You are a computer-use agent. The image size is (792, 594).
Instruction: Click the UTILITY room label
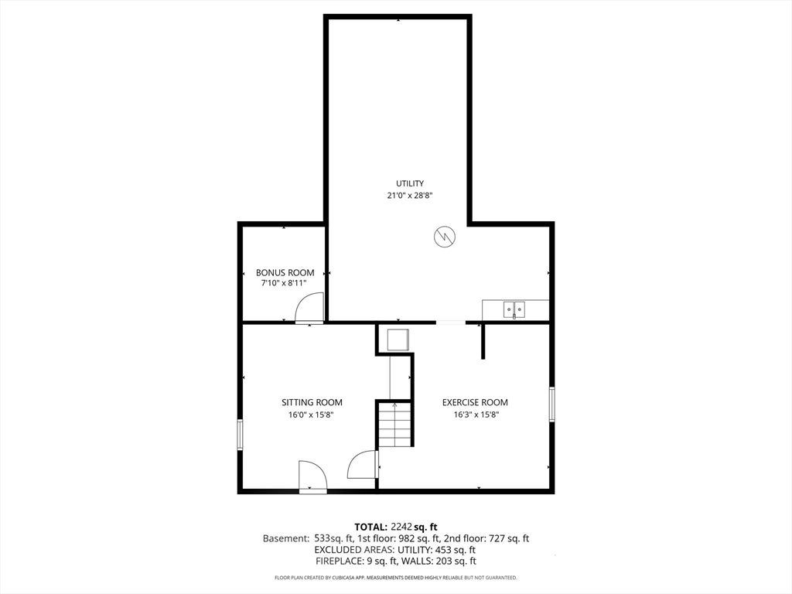410,183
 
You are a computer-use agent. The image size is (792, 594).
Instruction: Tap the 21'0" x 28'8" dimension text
410,196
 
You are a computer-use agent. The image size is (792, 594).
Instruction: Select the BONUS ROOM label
285,272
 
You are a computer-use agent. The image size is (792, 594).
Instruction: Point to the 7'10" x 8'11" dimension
284,283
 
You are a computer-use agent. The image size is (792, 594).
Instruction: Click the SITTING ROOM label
312,402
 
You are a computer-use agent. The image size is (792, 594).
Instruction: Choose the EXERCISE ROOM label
475,402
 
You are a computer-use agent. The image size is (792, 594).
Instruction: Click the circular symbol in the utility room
445,236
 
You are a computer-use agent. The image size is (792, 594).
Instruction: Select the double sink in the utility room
514,309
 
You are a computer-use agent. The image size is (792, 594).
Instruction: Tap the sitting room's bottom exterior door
312,476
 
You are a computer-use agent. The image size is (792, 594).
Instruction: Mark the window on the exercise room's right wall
551,404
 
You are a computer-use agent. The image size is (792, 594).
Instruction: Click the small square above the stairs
398,340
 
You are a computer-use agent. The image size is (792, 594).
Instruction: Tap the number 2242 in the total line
402,527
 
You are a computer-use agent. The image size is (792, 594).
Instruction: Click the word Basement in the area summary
285,538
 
